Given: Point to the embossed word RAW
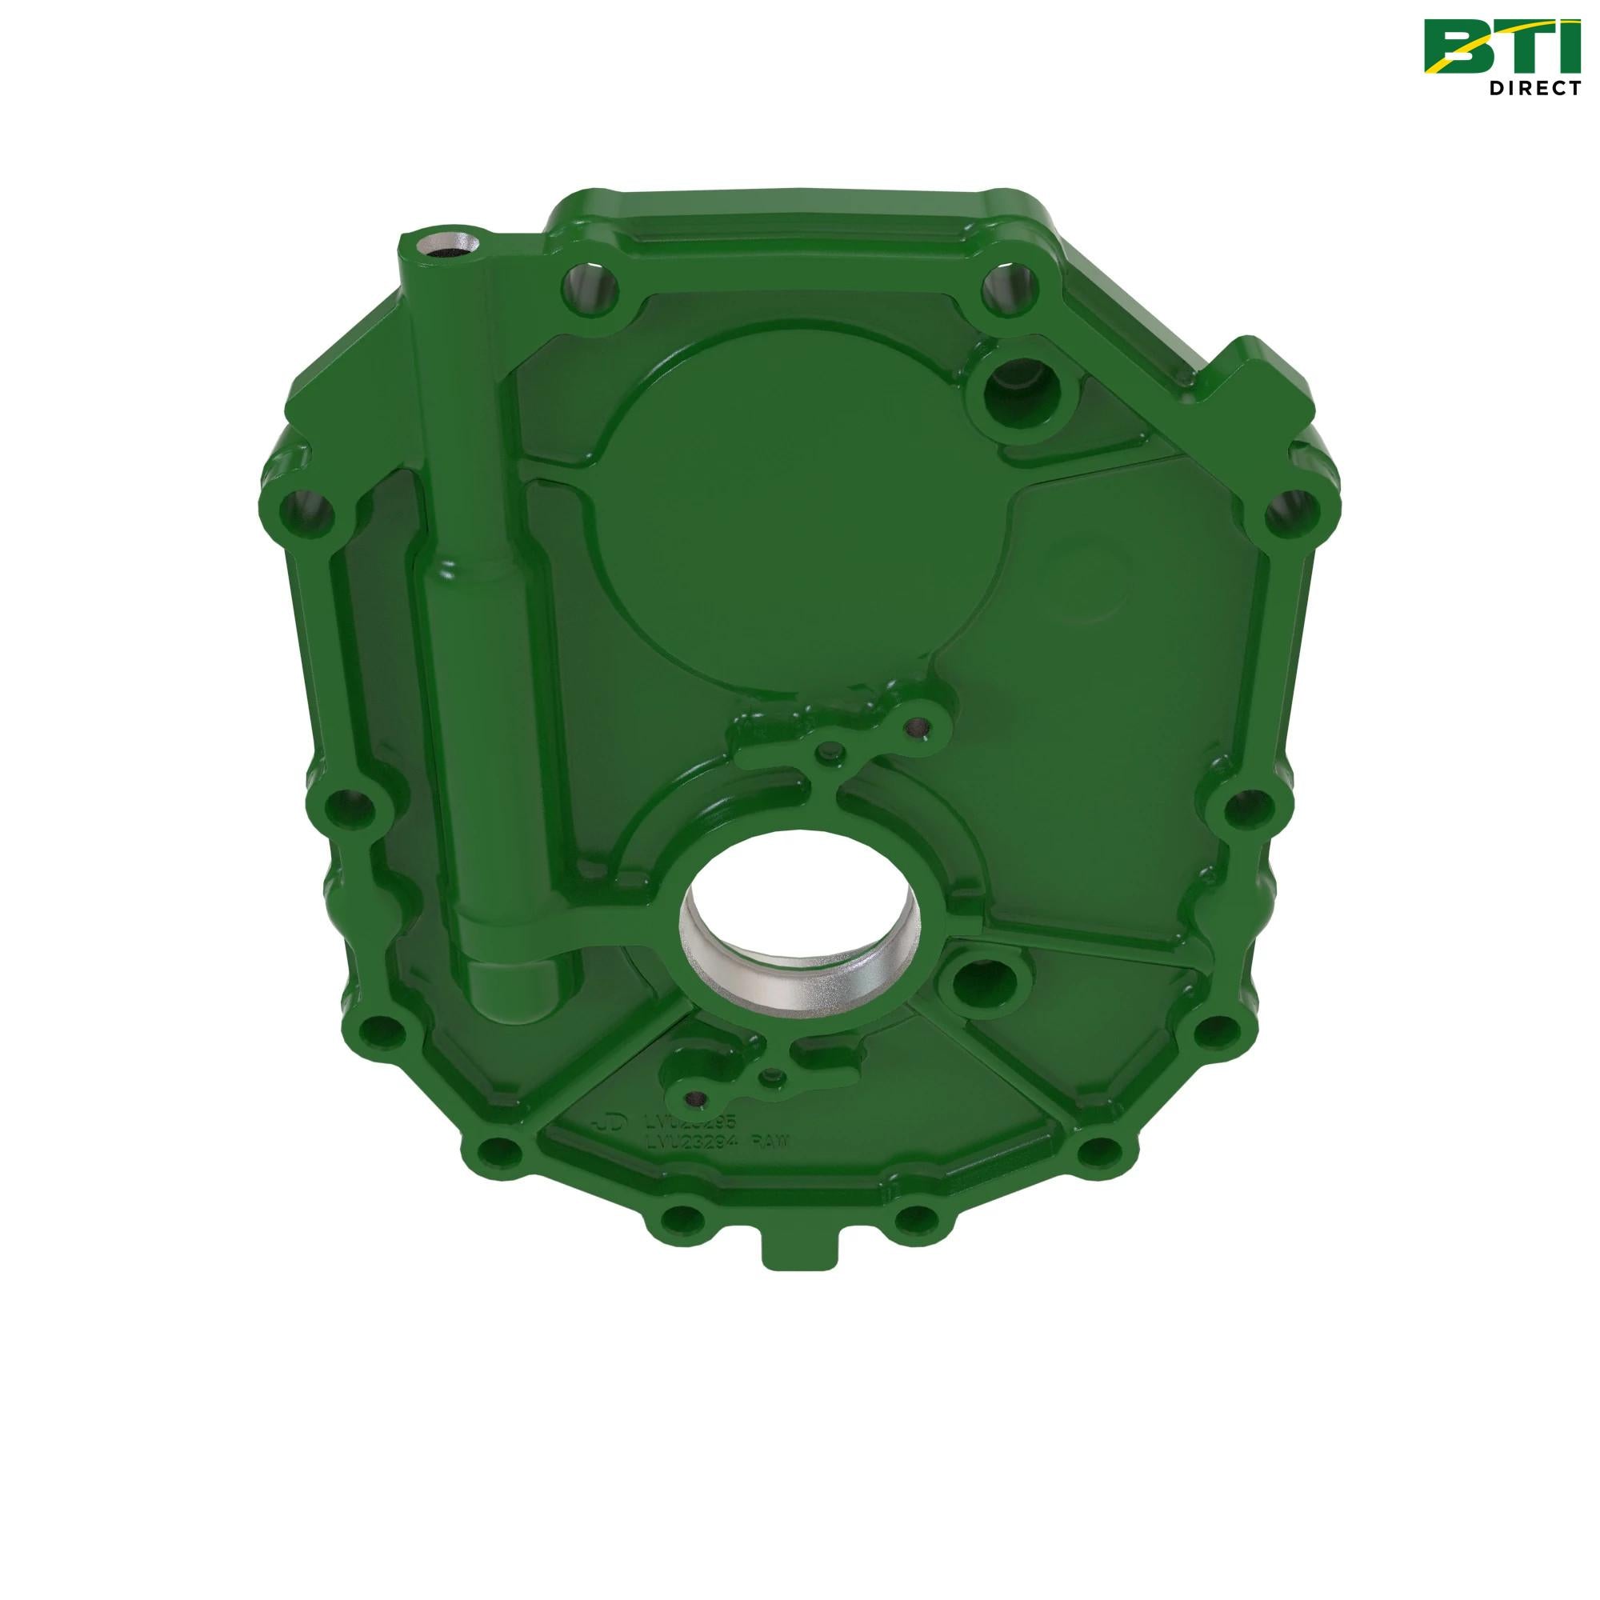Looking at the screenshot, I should (771, 1143).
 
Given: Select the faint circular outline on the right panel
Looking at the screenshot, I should (1086, 580).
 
